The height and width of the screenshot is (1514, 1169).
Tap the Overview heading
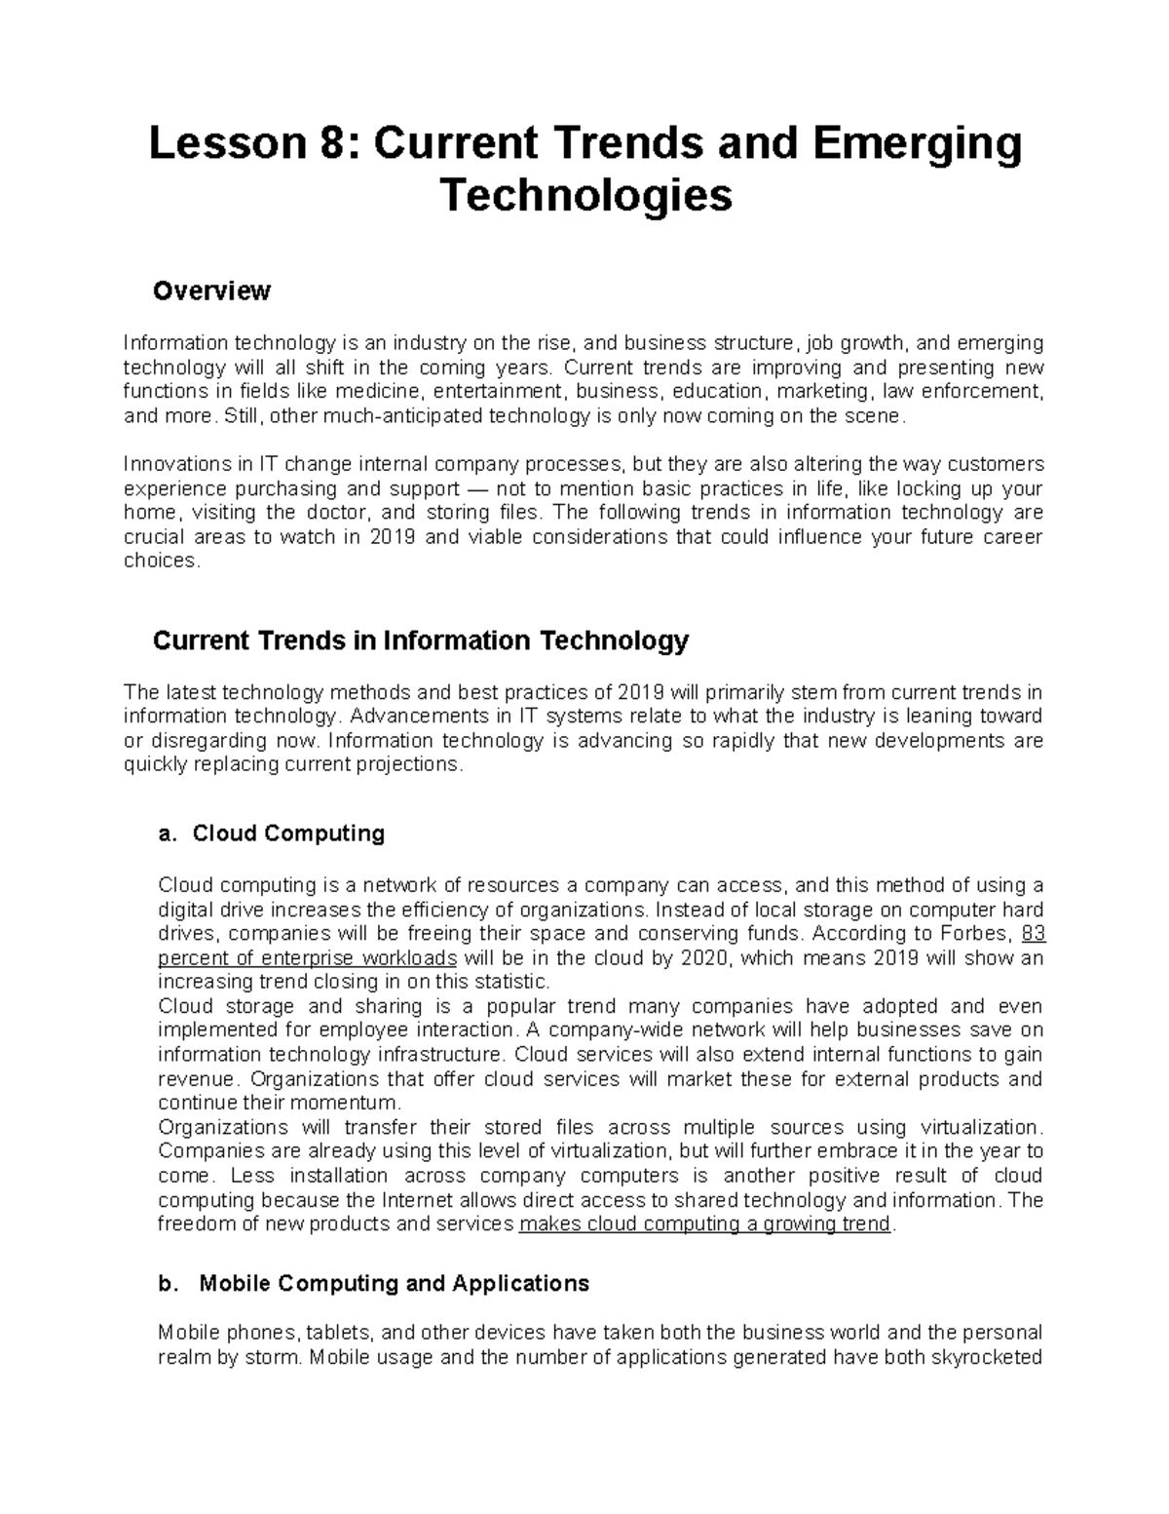(x=212, y=291)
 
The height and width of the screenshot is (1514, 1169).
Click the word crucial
(x=154, y=537)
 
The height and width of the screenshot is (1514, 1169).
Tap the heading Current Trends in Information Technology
(x=421, y=641)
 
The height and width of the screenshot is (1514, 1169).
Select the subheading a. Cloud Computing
(x=272, y=834)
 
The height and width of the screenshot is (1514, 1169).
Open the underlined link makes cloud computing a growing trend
(x=705, y=1224)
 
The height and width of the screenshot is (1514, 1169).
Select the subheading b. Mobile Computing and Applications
(x=374, y=1284)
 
